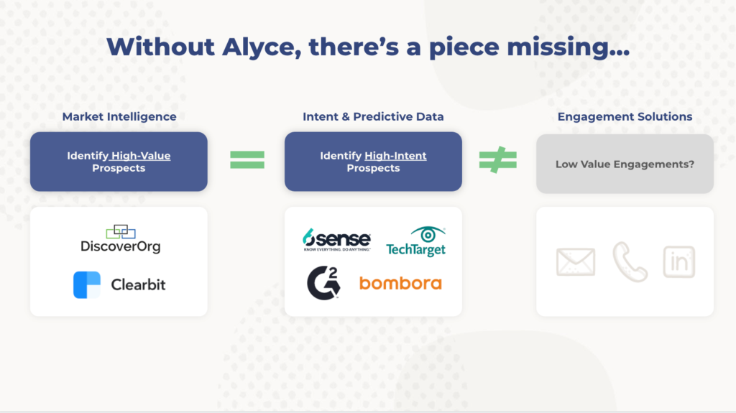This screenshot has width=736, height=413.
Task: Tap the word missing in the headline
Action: pos(568,48)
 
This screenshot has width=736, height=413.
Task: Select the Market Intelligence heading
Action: pos(119,117)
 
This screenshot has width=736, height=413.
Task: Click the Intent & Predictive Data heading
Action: pos(373,117)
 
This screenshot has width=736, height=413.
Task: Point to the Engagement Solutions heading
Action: pos(625,117)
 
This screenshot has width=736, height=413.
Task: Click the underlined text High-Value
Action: pos(141,156)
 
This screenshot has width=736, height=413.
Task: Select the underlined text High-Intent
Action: pos(396,156)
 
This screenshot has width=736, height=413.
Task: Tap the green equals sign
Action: pos(247,160)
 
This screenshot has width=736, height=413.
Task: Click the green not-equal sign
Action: pos(497,160)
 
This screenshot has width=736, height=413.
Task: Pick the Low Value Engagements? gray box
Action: pos(625,164)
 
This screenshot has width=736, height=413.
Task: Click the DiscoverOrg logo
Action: pos(121,239)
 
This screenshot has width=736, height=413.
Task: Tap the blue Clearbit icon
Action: pos(87,285)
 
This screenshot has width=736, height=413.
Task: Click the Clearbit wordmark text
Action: pos(138,284)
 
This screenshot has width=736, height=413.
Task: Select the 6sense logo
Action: pos(336,240)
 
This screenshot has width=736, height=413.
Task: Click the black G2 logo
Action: pos(323,282)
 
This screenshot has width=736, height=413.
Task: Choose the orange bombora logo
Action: pos(400,283)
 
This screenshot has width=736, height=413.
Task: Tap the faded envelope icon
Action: pos(576,262)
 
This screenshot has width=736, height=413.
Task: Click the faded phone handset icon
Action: pos(630,261)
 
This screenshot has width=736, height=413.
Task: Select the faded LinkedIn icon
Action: pos(678,262)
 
